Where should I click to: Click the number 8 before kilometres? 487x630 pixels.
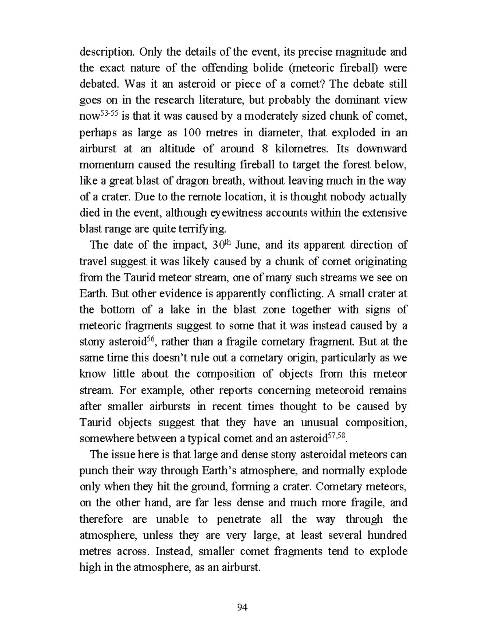click(265, 149)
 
